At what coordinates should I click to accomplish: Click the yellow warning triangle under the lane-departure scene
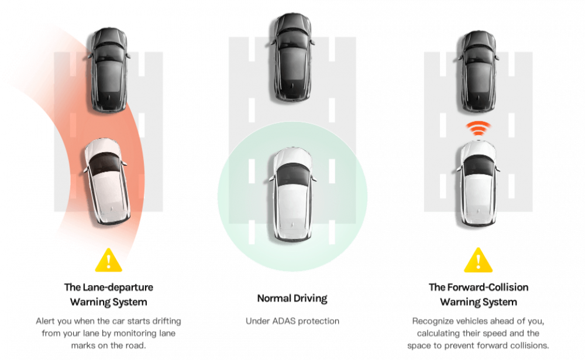coord(108,260)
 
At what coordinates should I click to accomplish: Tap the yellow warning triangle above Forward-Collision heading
coord(479,260)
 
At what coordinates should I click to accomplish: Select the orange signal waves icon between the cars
coord(479,128)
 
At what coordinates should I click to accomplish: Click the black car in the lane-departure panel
coord(109,70)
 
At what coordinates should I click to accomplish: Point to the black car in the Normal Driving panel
coord(292,57)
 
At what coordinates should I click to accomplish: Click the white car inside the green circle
coord(292,194)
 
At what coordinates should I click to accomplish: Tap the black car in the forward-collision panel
coord(479,71)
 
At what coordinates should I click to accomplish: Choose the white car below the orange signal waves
coord(479,183)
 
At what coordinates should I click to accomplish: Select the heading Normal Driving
coord(292,299)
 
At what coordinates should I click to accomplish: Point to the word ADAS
coord(284,321)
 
